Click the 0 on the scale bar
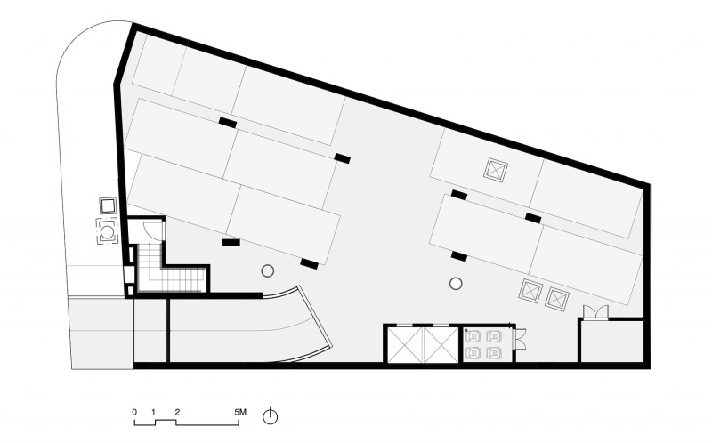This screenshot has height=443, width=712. coord(134,413)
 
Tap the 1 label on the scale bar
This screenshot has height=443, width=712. coord(154,413)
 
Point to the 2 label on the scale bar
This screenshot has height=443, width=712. coord(177,413)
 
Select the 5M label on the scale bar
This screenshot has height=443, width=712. coord(240,413)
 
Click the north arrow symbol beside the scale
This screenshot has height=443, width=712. coord(271,415)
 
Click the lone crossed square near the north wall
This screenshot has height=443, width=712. coord(496,170)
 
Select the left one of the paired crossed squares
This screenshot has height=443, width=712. coord(530,292)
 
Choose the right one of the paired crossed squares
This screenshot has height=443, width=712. coord(557,299)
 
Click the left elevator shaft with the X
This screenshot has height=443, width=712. coord(406,345)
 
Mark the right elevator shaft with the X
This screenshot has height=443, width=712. coord(441,345)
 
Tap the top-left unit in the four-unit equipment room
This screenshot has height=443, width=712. coord(473,336)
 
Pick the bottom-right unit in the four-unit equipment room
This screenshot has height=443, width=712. coord(494,352)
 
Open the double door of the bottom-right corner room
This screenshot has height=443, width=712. coord(595,312)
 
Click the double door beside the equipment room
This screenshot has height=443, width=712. coord(521,339)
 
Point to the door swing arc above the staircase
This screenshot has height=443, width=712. coord(155,227)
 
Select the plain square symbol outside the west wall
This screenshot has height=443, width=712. coord(108,205)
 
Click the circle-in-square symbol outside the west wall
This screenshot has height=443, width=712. coord(107,232)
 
